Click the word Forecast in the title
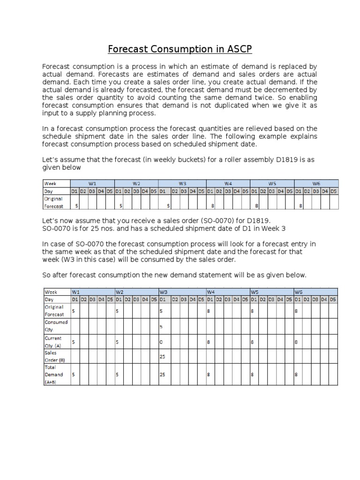coord(132,49)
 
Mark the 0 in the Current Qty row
coord(161,342)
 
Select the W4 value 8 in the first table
coord(213,205)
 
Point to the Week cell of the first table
coord(50,183)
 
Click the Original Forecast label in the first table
coord(53,202)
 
